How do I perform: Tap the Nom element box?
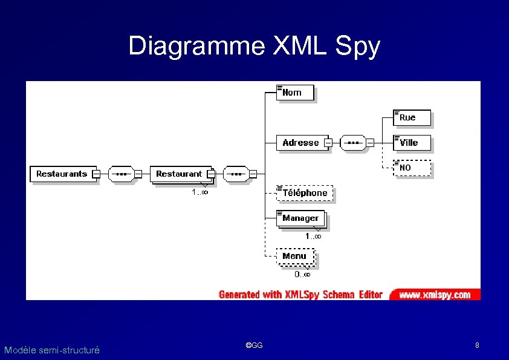pos(296,93)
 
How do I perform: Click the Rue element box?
pos(412,117)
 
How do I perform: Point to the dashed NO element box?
pos(412,168)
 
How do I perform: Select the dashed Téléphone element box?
pos(305,193)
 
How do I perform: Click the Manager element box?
pos(300,218)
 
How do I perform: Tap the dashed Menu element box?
pos(295,256)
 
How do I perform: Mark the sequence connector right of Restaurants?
pos(121,174)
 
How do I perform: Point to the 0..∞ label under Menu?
pos(302,274)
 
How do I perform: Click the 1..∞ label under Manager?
pos(313,237)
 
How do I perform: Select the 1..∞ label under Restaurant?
pos(200,192)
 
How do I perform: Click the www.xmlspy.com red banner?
pos(435,295)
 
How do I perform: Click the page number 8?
pos(477,345)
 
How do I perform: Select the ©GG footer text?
pos(254,345)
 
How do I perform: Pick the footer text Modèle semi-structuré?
pos(51,350)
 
